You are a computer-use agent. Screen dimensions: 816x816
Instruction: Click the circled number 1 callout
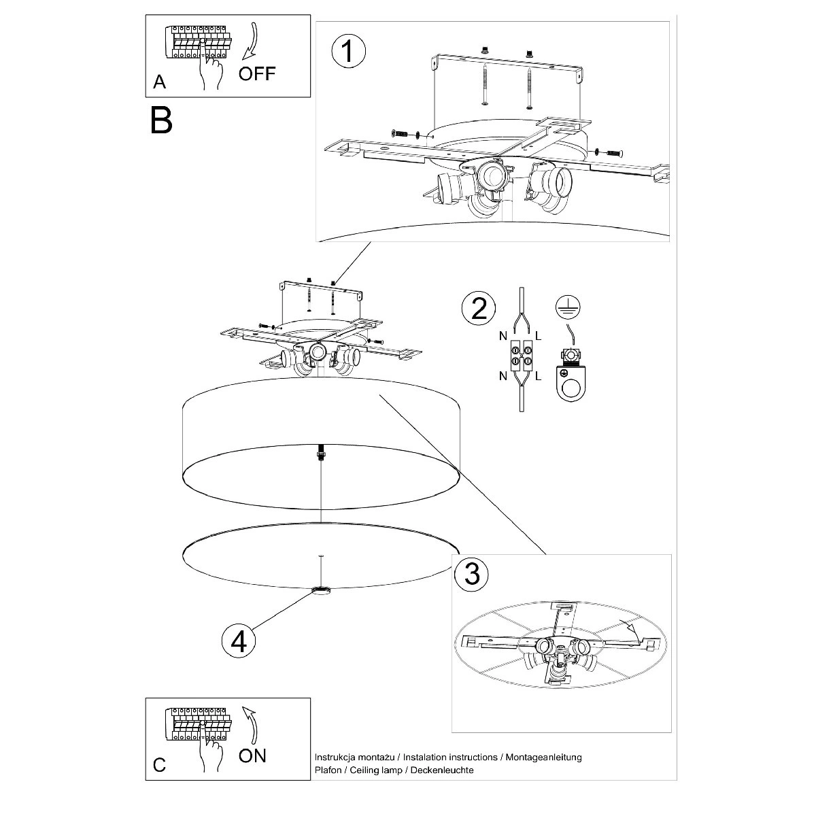click(x=348, y=51)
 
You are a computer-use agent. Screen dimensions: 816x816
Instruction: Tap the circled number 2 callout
click(x=479, y=309)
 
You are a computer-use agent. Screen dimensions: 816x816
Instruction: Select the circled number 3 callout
click(x=471, y=574)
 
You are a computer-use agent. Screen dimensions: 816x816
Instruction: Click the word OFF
click(x=256, y=73)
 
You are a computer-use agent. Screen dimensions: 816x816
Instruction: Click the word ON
click(x=252, y=756)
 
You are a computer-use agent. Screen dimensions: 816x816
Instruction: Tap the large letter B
click(x=161, y=120)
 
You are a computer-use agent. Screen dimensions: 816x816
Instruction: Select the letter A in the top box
click(x=159, y=82)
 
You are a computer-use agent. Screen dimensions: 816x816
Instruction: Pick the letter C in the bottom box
click(x=159, y=765)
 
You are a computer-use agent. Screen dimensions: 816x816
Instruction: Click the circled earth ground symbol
click(x=568, y=307)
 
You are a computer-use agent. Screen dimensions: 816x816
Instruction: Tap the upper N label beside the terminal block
click(x=503, y=336)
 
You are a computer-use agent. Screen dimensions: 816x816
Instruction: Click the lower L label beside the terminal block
click(x=538, y=375)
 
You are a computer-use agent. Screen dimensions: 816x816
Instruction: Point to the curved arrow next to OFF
click(x=251, y=41)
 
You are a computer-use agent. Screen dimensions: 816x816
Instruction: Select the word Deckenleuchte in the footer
click(x=442, y=770)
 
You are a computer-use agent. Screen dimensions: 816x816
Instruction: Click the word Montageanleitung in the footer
click(x=544, y=757)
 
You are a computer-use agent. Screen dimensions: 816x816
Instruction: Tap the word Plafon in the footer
click(x=328, y=770)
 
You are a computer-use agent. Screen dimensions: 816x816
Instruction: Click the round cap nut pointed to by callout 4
click(x=321, y=590)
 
